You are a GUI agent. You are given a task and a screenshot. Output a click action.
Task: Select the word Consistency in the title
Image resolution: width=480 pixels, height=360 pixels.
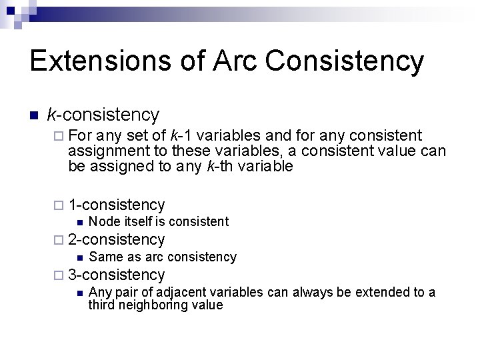pyautogui.click(x=345, y=61)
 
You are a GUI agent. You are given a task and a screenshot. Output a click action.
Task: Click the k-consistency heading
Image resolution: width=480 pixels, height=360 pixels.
pyautogui.click(x=103, y=115)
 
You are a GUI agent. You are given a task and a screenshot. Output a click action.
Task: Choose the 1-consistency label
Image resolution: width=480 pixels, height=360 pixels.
pyautogui.click(x=117, y=205)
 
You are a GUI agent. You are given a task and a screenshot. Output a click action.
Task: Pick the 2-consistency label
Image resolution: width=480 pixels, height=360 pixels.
pyautogui.click(x=117, y=239)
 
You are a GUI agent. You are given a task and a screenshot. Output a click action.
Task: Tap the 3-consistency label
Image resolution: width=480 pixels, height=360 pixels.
pyautogui.click(x=117, y=274)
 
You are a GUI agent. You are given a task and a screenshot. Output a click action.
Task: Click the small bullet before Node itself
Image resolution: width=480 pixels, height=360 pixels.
pyautogui.click(x=79, y=222)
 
